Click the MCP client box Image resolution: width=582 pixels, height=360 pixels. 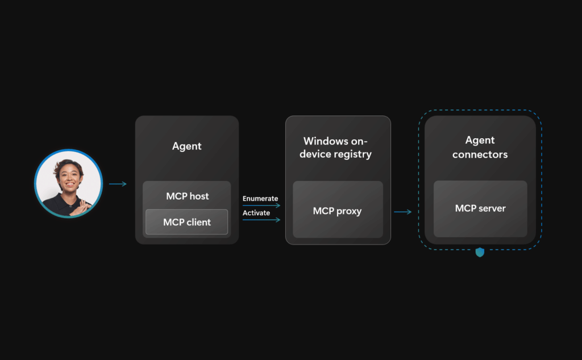pos(186,222)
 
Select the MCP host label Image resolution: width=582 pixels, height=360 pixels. pos(187,196)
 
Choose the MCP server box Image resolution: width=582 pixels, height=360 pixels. pos(480,209)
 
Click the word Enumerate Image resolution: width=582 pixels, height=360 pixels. pos(260,198)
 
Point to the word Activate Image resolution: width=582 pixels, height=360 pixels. pos(256,213)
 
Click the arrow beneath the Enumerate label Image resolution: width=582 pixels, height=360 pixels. pos(261,205)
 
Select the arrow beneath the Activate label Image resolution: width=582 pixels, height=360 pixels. pos(261,220)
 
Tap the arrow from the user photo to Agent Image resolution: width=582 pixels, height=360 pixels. pos(118,184)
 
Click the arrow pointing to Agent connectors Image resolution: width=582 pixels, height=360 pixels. pos(402,212)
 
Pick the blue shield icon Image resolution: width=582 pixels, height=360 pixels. pos(480,252)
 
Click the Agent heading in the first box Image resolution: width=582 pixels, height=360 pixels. pos(187,146)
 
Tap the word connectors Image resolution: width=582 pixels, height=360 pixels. pos(480,154)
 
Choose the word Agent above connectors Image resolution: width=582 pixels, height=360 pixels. pos(480,140)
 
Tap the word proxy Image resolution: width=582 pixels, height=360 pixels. pos(350,211)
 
